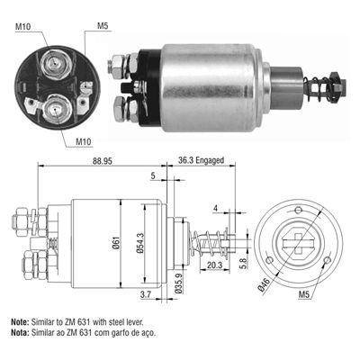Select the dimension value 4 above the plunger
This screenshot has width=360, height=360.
(217, 210)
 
